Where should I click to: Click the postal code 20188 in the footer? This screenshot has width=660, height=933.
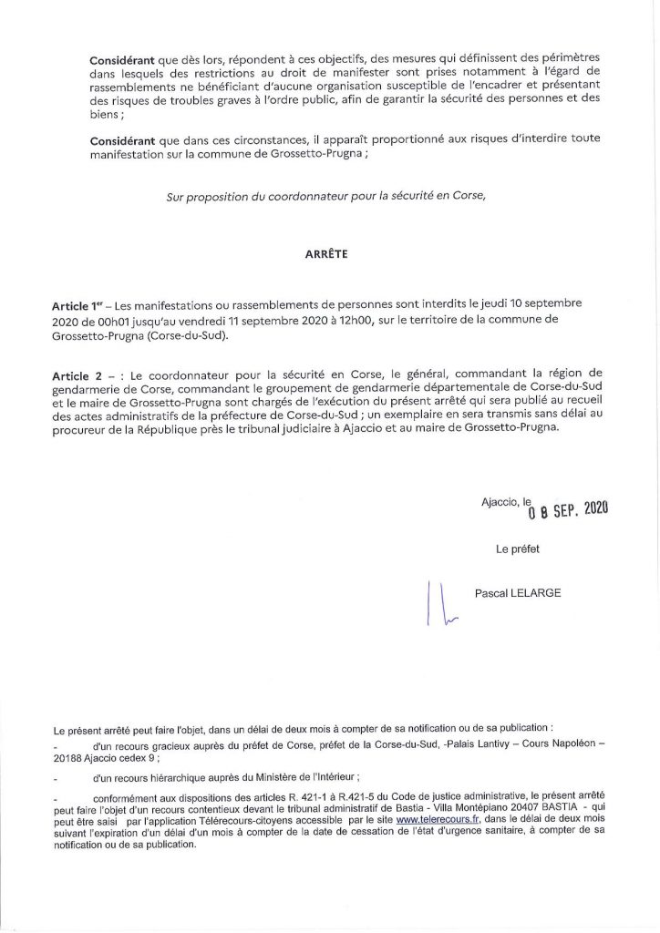point(69,756)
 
